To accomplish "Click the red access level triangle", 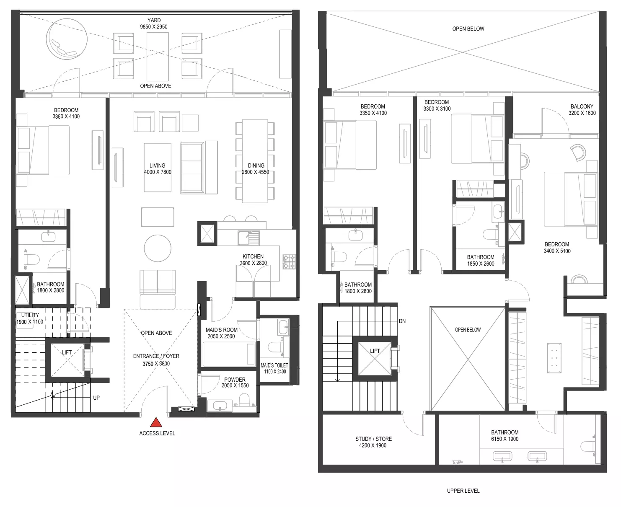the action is pos(156,422).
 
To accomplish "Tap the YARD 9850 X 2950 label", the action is pos(154,23).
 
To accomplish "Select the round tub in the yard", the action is pos(67,39).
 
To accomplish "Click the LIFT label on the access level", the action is pos(67,352).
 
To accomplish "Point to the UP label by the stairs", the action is pos(96,398).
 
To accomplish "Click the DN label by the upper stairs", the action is pos(402,321).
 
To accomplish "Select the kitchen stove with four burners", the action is pos(289,261).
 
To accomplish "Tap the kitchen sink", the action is pos(249,238).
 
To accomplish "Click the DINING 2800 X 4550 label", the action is pos(256,169).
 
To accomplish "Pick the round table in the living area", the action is pos(158,248).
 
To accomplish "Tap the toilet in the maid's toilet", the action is pos(276,347).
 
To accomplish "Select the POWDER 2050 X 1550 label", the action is pos(235,383).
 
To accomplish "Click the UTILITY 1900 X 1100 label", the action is pos(30,318).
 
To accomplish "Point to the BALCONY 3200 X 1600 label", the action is pos(582,109).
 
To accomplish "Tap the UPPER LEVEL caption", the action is pos(463,491).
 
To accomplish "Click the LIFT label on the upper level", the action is pos(375,351).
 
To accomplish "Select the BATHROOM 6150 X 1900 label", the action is pos(505,435).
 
